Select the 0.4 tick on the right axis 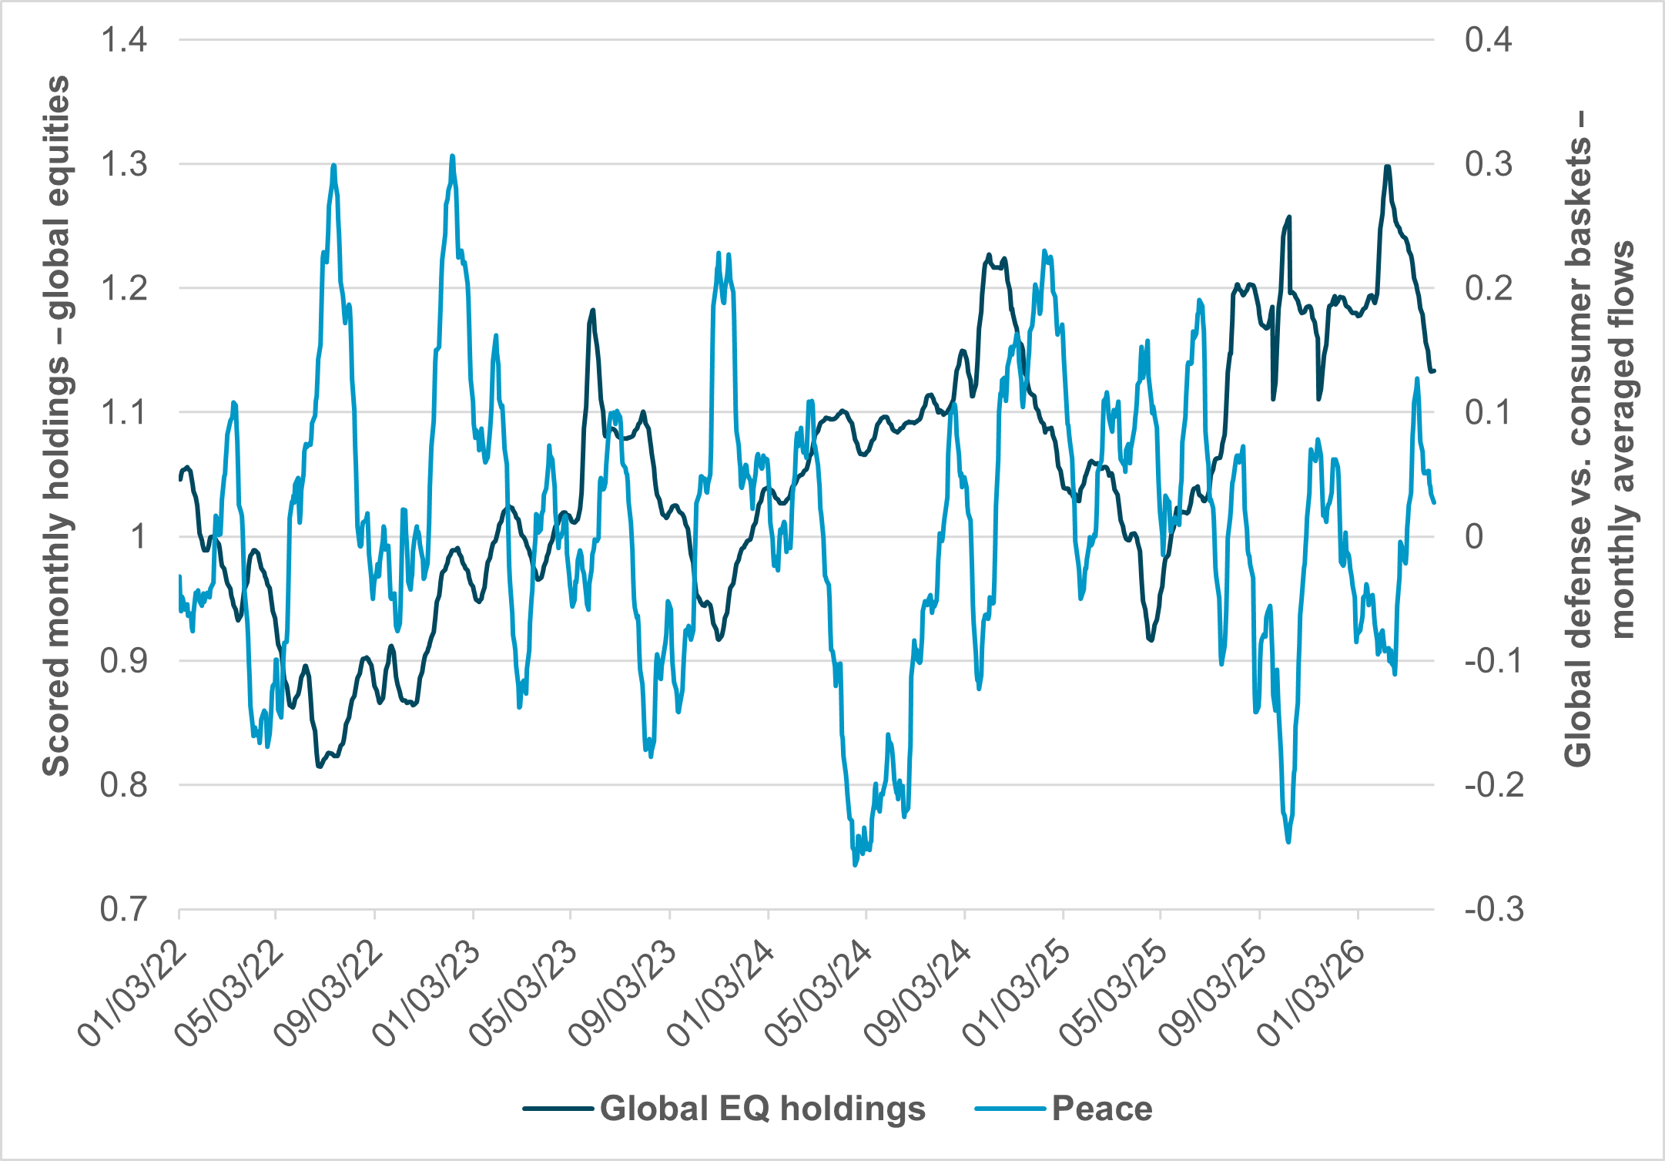point(1489,40)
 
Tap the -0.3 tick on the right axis point(1494,910)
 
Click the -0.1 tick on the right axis point(1494,661)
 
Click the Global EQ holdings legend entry point(762,1109)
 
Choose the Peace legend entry point(1101,1109)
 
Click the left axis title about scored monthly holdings point(55,425)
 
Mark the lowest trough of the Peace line point(855,865)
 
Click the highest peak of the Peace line point(452,156)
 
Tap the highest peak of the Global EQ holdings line point(1387,166)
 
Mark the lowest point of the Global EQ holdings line point(319,766)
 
